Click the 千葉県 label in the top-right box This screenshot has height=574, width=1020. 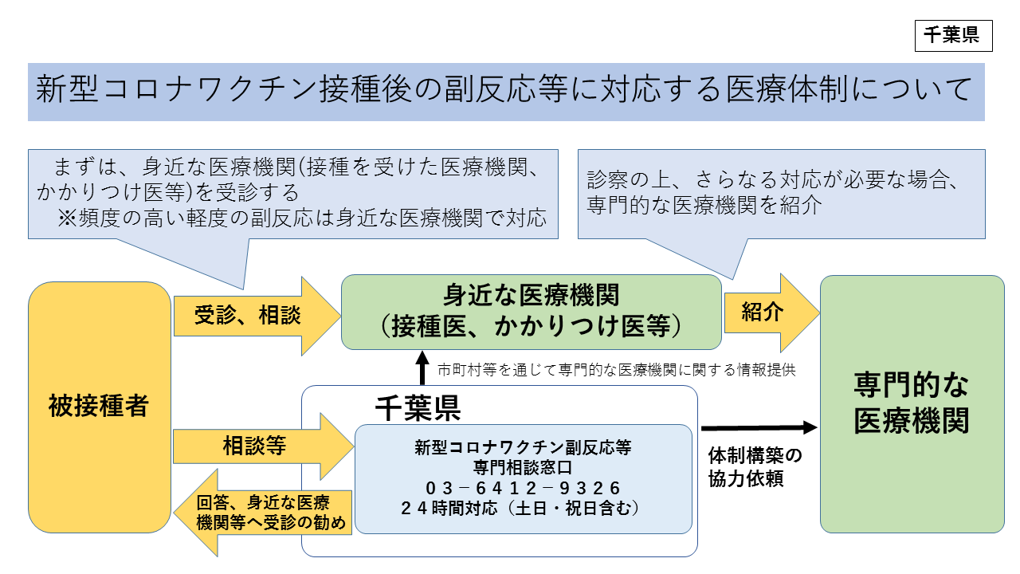pyautogui.click(x=953, y=36)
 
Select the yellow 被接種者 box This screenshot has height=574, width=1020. pyautogui.click(x=100, y=407)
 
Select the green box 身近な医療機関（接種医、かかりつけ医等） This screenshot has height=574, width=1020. pyautogui.click(x=531, y=312)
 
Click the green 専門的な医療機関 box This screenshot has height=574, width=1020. pyautogui.click(x=912, y=404)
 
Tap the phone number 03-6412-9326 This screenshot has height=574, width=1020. pyautogui.click(x=523, y=487)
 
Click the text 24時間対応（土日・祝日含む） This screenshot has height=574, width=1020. pyautogui.click(x=523, y=507)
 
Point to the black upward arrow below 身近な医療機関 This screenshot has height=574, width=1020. pyautogui.click(x=422, y=368)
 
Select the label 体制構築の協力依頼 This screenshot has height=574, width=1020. pyautogui.click(x=755, y=467)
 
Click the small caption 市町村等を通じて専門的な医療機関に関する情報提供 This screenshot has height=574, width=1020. pyautogui.click(x=617, y=370)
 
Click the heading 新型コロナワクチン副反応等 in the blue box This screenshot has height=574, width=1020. pyautogui.click(x=523, y=446)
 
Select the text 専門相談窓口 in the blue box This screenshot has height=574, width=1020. pyautogui.click(x=523, y=466)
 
